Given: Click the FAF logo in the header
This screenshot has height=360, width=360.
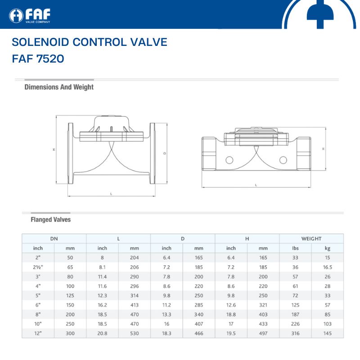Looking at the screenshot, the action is (x=30, y=16).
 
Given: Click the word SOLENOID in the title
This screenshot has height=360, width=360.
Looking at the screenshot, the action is (x=40, y=42).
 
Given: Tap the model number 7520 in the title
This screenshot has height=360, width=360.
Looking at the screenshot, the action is (x=50, y=58).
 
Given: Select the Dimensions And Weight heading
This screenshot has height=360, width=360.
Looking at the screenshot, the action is (x=59, y=87).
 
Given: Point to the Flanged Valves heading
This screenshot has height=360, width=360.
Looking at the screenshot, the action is (x=51, y=220).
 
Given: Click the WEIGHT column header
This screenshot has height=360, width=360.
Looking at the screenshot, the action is (x=311, y=238).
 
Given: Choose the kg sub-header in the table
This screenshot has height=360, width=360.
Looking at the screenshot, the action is (x=328, y=248).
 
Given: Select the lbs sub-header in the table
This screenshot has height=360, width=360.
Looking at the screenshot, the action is (x=295, y=248).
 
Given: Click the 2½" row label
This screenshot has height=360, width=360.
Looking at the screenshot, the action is (x=38, y=267).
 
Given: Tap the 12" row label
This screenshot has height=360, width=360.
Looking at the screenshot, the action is (x=38, y=333).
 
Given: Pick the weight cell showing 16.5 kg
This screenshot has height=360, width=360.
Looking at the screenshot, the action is (x=328, y=267).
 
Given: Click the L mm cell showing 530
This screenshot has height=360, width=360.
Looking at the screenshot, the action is (x=134, y=333).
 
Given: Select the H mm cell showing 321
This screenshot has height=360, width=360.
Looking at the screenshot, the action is (x=263, y=305).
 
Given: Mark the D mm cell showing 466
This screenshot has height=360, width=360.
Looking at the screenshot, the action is (x=199, y=333).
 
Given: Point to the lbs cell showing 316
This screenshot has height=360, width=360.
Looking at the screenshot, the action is (x=295, y=333).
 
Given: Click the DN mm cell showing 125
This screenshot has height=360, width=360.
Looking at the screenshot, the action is (x=70, y=296).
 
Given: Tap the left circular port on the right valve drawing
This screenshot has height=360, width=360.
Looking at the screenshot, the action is (x=229, y=160).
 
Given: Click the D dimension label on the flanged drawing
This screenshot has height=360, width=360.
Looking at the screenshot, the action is (x=165, y=153).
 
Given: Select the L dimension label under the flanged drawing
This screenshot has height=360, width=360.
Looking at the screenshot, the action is (x=111, y=194).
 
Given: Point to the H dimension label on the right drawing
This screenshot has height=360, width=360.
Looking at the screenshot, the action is (x=323, y=149).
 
